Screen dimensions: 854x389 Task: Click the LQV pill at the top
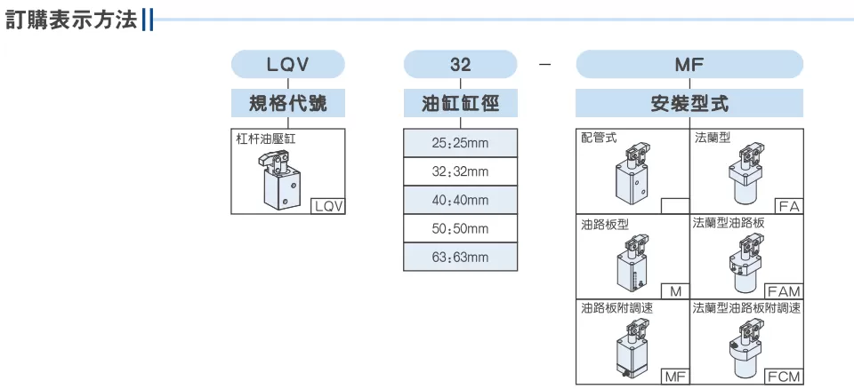pyautogui.click(x=288, y=64)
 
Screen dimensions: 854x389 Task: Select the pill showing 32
pyautogui.click(x=460, y=64)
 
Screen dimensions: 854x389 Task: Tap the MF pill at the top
pyautogui.click(x=689, y=64)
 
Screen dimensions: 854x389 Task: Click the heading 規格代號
pyautogui.click(x=288, y=103)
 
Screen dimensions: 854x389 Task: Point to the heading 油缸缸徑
pyautogui.click(x=460, y=103)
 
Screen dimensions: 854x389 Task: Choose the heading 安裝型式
pyautogui.click(x=689, y=103)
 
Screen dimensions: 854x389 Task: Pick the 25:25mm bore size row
pyautogui.click(x=460, y=143)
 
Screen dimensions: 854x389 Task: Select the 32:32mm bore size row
pyautogui.click(x=460, y=172)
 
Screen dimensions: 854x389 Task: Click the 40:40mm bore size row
pyautogui.click(x=460, y=200)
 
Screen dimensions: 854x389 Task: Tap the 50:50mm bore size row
pyautogui.click(x=460, y=228)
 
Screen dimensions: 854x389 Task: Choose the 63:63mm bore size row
pyautogui.click(x=460, y=257)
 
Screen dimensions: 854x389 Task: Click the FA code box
pyautogui.click(x=789, y=206)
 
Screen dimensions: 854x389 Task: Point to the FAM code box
pyautogui.click(x=785, y=291)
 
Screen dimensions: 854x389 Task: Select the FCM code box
pyautogui.click(x=785, y=377)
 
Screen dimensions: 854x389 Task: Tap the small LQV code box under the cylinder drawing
pyautogui.click(x=328, y=206)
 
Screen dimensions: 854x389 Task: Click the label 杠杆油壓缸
pyautogui.click(x=266, y=139)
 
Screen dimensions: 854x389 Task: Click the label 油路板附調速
pyautogui.click(x=616, y=308)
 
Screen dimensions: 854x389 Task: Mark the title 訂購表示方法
pyautogui.click(x=71, y=20)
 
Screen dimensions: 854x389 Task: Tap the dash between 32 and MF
pyautogui.click(x=544, y=65)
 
